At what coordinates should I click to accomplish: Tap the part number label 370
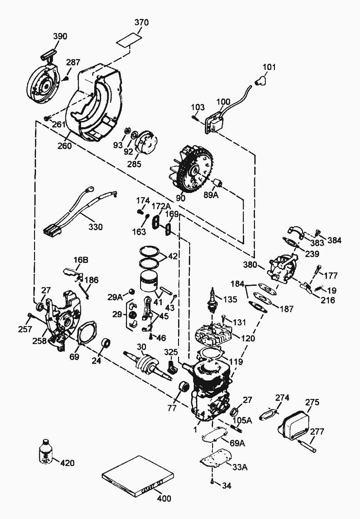[x=141, y=22]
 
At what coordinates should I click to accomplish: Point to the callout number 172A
[x=161, y=206]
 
